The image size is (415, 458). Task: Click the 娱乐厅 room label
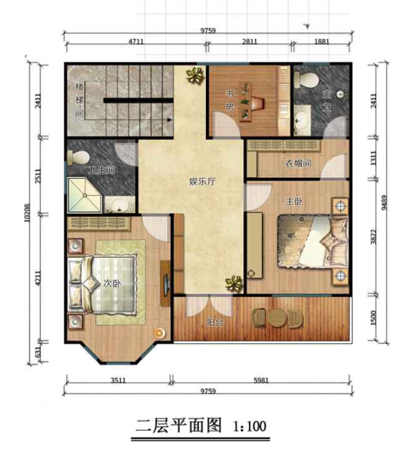point(201,181)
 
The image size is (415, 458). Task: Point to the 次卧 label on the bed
point(110,283)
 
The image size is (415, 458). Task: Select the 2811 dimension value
point(249,41)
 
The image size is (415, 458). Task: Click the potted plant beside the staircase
point(195,76)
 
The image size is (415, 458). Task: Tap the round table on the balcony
point(277,318)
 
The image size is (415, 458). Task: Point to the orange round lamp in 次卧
point(157,331)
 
